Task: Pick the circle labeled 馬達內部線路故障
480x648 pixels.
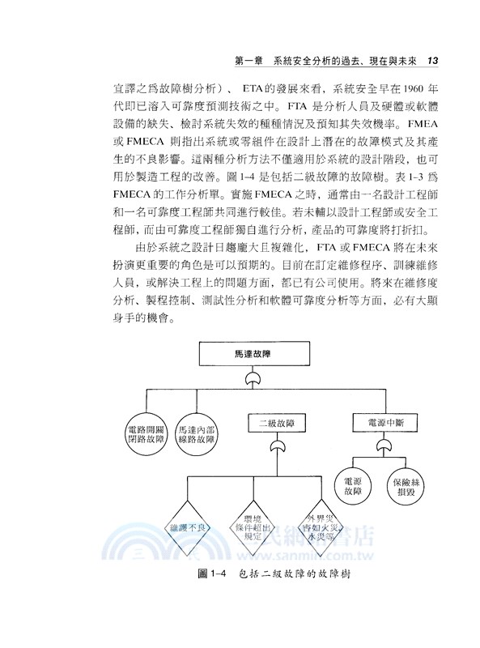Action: pos(196,433)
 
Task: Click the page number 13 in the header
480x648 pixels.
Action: pos(431,61)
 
